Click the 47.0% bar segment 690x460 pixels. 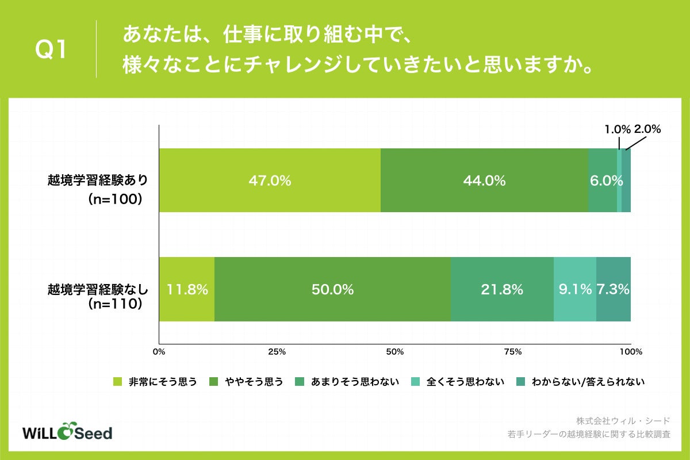click(x=270, y=181)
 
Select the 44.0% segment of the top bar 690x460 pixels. click(x=484, y=181)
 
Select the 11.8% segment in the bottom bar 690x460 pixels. click(x=187, y=289)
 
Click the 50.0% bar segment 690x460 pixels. click(x=332, y=289)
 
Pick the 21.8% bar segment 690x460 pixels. click(x=502, y=289)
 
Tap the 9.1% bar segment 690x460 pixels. click(x=575, y=289)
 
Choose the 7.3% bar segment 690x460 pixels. click(x=614, y=289)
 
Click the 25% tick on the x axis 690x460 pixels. click(x=277, y=351)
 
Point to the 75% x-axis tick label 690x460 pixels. click(x=513, y=351)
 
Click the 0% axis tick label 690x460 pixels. click(x=159, y=351)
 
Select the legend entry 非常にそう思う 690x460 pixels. click(x=156, y=381)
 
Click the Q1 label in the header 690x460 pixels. click(x=52, y=50)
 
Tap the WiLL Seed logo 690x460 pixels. click(x=67, y=432)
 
